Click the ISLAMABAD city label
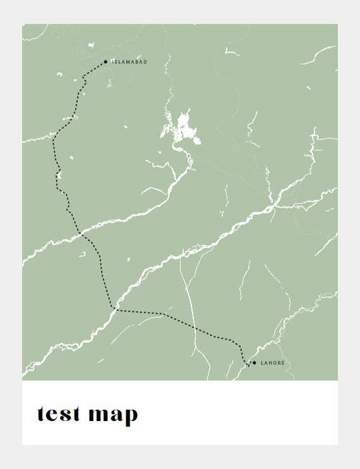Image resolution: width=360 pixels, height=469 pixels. tap(129, 62)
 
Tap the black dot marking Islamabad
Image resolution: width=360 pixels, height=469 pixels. tap(106, 61)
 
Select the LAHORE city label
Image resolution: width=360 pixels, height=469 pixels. tap(273, 363)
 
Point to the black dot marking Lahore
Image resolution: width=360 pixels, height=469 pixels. tap(254, 363)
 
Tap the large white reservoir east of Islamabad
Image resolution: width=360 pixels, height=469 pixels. tap(183, 129)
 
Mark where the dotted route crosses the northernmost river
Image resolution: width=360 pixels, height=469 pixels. tap(53, 136)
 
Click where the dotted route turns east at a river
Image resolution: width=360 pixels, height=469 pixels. tap(114, 309)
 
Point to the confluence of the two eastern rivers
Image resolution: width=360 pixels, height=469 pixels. tap(273, 202)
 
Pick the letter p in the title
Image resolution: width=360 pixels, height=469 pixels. tap(129, 416)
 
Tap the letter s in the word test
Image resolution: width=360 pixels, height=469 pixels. tap(66, 415)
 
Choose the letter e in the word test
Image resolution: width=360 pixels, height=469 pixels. tap(53, 415)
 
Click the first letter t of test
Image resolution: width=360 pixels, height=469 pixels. tap(42, 414)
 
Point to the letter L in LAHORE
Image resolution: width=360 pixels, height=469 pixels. tap(262, 363)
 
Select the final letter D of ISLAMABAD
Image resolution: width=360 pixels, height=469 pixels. tap(145, 62)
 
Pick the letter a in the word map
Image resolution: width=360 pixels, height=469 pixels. tap(114, 415)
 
